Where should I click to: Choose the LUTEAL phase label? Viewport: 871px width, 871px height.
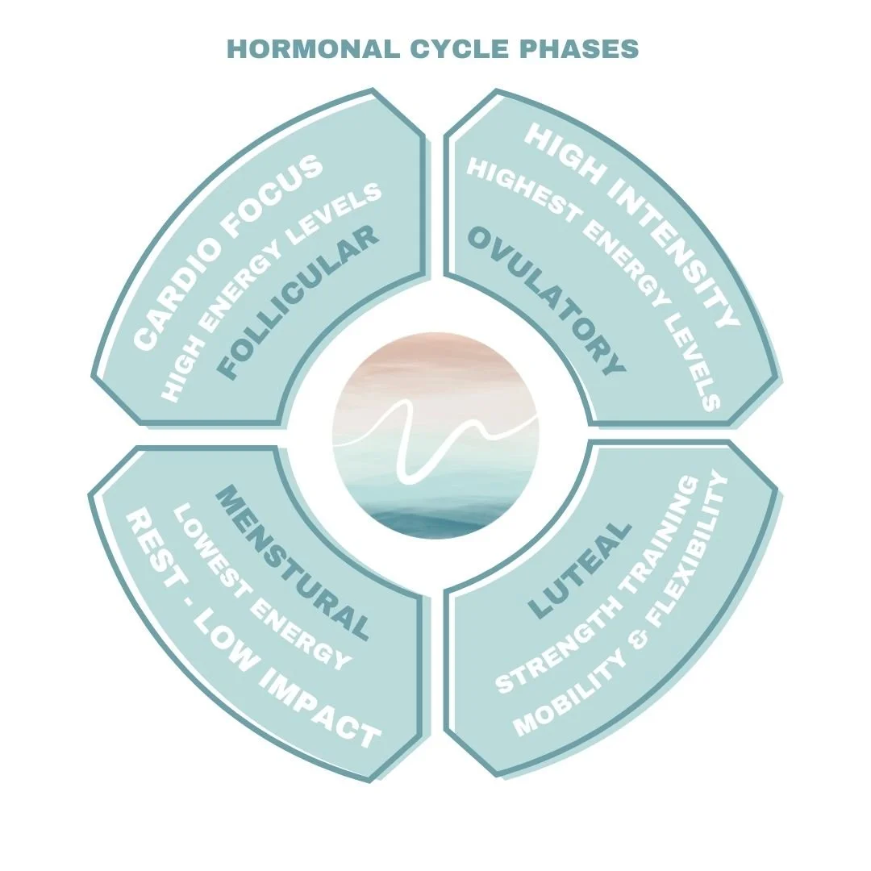tap(580, 570)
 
